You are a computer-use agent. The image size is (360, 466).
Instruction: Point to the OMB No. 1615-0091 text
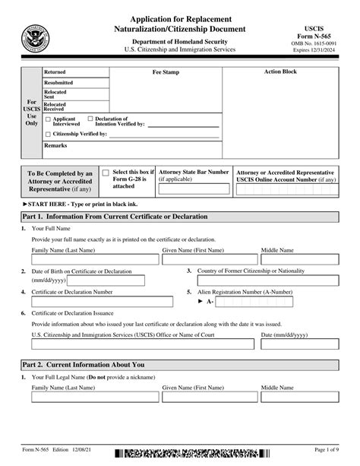coord(317,43)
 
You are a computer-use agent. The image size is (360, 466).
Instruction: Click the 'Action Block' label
coord(280,72)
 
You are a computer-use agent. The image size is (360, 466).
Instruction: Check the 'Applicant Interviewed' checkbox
coord(48,119)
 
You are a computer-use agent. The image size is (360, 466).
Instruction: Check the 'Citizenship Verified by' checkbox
coord(48,134)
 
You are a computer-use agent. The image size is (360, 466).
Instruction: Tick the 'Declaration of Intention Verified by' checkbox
coord(90,119)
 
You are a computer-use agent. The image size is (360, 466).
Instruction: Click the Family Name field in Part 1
coord(95,259)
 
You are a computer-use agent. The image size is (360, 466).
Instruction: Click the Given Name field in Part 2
coord(209,396)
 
